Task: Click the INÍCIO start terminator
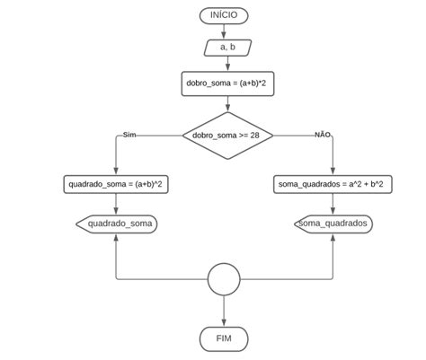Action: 224,15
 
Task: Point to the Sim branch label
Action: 129,134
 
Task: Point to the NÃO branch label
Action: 322,134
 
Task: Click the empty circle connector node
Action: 224,280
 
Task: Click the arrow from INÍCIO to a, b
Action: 224,31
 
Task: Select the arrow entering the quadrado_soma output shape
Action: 116,206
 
